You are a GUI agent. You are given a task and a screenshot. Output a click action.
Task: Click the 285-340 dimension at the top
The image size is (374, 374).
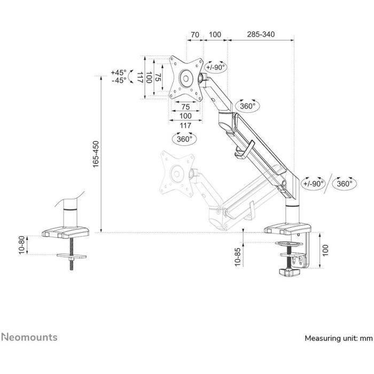pyautogui.click(x=261, y=34)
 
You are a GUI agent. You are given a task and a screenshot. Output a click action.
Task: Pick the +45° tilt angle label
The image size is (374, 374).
pyautogui.click(x=119, y=72)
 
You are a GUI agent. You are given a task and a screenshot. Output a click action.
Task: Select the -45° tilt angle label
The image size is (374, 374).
pyautogui.click(x=119, y=80)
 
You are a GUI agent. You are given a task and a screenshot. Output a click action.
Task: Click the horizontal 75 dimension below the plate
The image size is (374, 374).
pyautogui.click(x=185, y=107)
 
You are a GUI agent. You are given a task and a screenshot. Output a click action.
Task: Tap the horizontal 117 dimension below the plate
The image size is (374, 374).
pyautogui.click(x=185, y=125)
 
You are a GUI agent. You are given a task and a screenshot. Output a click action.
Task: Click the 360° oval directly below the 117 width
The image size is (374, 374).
pyautogui.click(x=184, y=138)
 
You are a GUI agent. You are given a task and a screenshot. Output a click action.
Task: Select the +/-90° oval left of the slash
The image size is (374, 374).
pyautogui.click(x=314, y=183)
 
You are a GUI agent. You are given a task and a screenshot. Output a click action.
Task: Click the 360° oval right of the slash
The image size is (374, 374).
pyautogui.click(x=345, y=183)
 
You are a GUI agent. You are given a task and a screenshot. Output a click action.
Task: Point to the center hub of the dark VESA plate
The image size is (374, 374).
pyautogui.click(x=185, y=77)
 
